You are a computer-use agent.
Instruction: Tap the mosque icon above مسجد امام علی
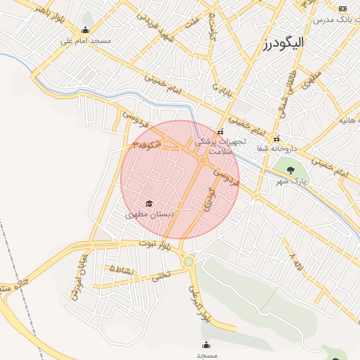coord(86,30)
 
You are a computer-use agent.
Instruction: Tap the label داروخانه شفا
coord(285,149)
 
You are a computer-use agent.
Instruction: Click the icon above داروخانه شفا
coord(276,138)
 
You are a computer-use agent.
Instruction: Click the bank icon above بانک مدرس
coord(342,8)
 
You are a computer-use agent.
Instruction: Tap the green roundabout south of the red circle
coord(188,262)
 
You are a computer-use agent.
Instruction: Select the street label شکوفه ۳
coord(147,143)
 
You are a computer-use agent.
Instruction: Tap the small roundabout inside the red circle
coord(202,161)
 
